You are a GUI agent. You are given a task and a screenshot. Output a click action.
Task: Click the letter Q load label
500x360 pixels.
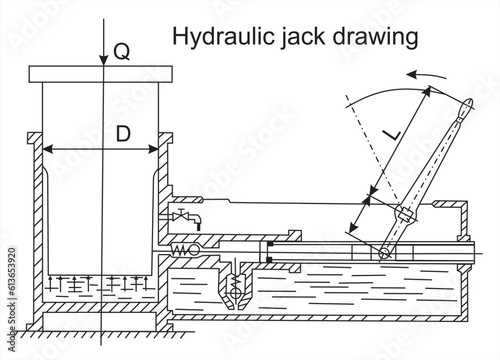click(x=121, y=54)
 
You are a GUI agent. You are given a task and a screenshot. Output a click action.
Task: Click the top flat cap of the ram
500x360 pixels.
click(x=102, y=74)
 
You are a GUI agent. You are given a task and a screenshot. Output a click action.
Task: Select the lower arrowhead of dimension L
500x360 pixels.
click(x=358, y=228)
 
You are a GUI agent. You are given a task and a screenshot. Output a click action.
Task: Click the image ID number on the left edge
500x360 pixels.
click(x=7, y=290)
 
